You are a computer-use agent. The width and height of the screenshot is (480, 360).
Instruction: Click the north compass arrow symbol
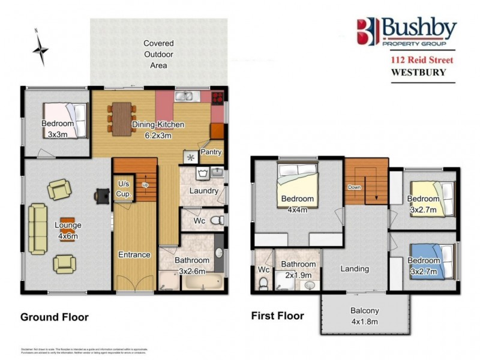[40, 48]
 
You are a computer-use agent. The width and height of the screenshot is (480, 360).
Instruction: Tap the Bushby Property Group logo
[406, 32]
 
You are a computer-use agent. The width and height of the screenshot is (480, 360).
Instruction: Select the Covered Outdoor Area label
[158, 54]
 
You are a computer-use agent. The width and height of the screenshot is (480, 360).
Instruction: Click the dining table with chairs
[122, 116]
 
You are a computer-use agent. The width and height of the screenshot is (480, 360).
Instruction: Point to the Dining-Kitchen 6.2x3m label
[158, 130]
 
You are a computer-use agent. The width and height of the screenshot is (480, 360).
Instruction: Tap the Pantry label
[211, 152]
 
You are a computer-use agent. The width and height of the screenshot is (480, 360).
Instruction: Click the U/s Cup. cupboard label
[124, 190]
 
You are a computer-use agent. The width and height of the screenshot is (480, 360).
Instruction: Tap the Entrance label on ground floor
[134, 254]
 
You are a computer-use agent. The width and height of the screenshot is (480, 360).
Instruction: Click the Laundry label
[203, 191]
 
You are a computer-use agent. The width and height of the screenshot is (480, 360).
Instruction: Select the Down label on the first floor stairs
[355, 187]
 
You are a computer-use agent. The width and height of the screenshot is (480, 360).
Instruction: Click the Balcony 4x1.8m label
[365, 315]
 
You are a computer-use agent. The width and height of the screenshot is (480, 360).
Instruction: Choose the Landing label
[355, 269]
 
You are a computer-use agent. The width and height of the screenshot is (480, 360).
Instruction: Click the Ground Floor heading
[54, 317]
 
